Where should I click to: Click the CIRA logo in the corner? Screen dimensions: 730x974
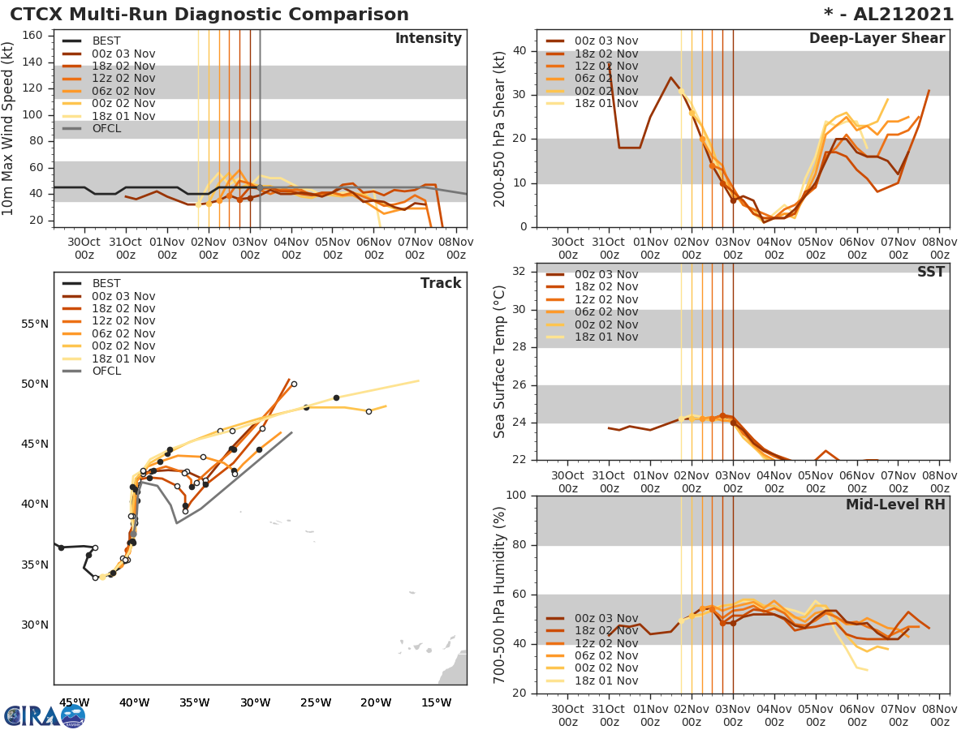(45, 715)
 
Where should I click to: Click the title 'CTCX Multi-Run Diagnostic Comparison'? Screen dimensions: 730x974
(209, 15)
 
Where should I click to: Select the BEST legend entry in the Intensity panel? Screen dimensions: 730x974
(106, 41)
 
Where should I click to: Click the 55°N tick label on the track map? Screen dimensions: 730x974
(34, 324)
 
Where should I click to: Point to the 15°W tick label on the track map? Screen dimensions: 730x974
(436, 702)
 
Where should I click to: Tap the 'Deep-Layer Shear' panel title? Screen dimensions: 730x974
(877, 39)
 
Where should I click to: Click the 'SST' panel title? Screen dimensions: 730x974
(931, 272)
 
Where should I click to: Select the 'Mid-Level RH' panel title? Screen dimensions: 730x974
(895, 505)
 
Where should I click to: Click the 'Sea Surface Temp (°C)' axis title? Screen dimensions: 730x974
(499, 361)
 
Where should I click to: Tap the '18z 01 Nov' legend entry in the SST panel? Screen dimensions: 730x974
(606, 337)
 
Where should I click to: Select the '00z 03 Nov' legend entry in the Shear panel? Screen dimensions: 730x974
(606, 41)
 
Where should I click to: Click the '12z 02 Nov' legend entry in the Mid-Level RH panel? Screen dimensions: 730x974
(606, 643)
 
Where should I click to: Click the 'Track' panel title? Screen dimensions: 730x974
(441, 283)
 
